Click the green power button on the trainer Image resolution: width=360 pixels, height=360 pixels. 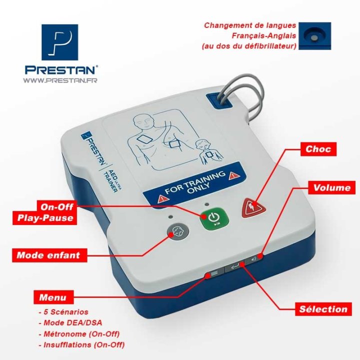pyautogui.click(x=213, y=218)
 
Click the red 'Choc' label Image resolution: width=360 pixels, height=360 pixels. pyautogui.click(x=318, y=149)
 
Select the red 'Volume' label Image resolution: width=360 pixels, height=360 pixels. pyautogui.click(x=332, y=188)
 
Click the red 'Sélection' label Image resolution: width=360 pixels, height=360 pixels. pyautogui.click(x=323, y=309)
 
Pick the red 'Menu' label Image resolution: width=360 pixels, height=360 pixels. pyautogui.click(x=52, y=297)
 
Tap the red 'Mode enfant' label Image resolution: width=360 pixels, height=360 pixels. pyautogui.click(x=48, y=255)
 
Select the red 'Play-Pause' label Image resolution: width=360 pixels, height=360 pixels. pyautogui.click(x=44, y=218)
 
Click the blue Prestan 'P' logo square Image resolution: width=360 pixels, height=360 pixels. pyautogui.click(x=59, y=42)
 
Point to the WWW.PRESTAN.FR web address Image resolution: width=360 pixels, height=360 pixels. pyautogui.click(x=59, y=80)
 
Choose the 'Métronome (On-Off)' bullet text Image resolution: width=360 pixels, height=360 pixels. pyautogui.click(x=80, y=333)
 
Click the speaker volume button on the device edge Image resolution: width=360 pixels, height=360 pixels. pyautogui.click(x=254, y=259)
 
